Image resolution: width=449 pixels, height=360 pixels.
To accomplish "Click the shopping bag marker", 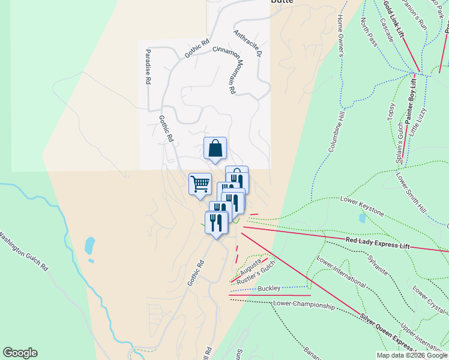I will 215,148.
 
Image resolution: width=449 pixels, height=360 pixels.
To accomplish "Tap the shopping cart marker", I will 200,184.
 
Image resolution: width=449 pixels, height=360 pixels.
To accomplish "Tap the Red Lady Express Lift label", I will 378,243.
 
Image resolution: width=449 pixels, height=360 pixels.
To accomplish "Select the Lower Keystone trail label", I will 361,206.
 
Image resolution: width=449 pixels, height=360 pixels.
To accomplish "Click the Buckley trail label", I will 269,289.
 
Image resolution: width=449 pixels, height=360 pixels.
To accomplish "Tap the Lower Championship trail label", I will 303,305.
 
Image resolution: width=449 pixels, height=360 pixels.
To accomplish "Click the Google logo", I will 20,353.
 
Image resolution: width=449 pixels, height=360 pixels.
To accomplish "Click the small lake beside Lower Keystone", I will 362,218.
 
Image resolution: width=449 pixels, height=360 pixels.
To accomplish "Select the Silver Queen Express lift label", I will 387,332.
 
